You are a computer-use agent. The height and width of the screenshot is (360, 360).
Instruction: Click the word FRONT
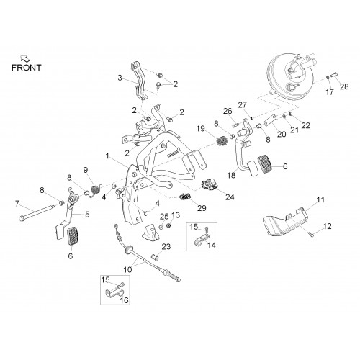27,68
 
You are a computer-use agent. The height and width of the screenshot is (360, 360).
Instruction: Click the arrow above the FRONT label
25,58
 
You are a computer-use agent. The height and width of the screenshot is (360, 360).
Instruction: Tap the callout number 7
17,204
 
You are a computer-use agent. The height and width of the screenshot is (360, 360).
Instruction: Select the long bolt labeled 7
36,212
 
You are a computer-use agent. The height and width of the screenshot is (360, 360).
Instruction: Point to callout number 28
344,86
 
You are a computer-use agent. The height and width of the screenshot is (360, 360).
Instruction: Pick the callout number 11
320,199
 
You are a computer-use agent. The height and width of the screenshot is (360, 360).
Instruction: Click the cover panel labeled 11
285,222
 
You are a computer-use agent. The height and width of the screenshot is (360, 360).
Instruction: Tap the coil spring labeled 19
222,140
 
